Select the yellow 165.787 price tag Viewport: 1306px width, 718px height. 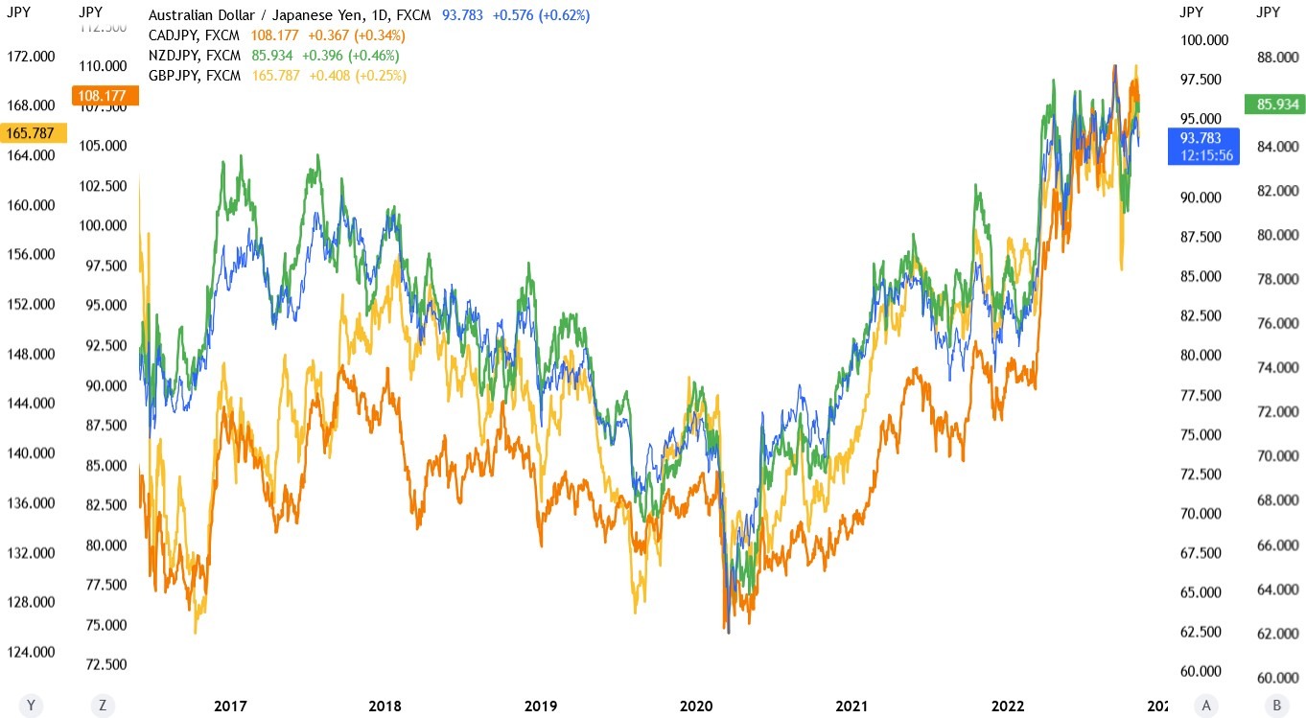click(34, 132)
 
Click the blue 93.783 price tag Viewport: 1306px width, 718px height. click(1202, 146)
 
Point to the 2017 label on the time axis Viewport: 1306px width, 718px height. click(230, 706)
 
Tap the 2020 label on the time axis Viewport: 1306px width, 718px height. click(697, 706)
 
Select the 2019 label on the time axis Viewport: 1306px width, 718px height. click(541, 706)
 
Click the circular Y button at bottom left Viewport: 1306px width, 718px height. click(31, 706)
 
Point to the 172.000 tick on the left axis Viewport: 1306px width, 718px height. click(32, 57)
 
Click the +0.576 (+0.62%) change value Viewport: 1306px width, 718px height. click(542, 15)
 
